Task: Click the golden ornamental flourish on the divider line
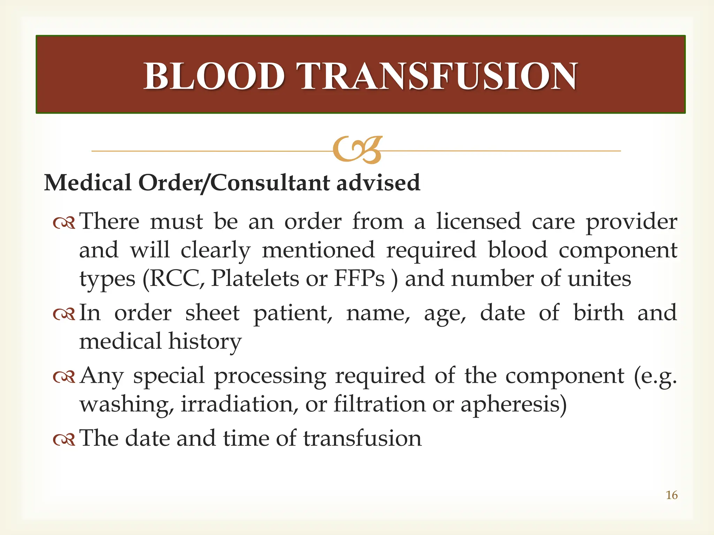[357, 150]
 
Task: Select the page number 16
[671, 495]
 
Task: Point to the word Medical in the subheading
[88, 183]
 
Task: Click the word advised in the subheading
[378, 183]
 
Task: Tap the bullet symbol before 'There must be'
[64, 223]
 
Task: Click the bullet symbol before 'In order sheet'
[64, 314]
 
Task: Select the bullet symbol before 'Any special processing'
[64, 377]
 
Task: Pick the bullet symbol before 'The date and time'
[64, 440]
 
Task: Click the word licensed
[479, 222]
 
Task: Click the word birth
[598, 312]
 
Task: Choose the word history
[205, 342]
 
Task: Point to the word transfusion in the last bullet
[362, 438]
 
